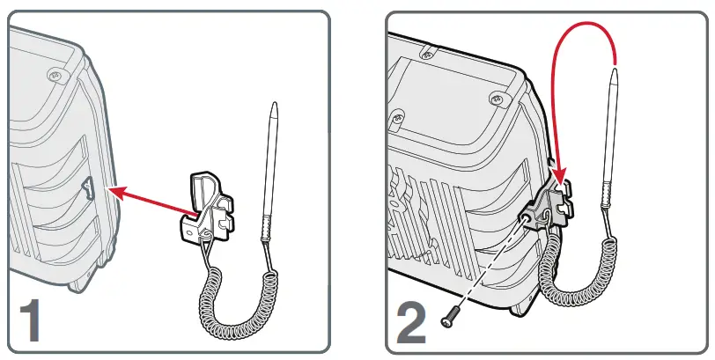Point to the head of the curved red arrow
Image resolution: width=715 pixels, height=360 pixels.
(x=559, y=183)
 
